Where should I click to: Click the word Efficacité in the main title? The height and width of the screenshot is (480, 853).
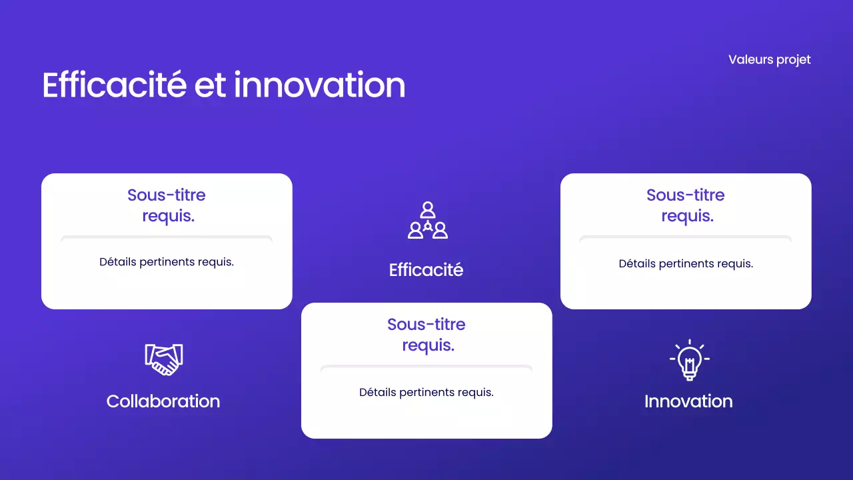(114, 85)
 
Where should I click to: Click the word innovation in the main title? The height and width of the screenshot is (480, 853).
(320, 85)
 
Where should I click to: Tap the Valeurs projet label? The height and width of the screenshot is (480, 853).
(770, 59)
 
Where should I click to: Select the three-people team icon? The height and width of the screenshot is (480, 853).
(427, 221)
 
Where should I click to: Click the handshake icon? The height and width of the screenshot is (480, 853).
(164, 359)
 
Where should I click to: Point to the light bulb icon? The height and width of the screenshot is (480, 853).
(689, 360)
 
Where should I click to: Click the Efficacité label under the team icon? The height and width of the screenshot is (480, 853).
(426, 270)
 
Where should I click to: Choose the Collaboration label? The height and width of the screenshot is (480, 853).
(163, 401)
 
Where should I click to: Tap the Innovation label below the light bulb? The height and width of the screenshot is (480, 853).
(688, 401)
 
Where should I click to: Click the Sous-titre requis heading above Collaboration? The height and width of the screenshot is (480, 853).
(167, 205)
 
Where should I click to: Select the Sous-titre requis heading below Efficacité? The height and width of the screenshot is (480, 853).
(426, 335)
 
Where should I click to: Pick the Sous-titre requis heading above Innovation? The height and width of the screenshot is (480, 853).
(686, 205)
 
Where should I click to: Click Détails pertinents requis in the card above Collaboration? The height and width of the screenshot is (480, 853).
(167, 262)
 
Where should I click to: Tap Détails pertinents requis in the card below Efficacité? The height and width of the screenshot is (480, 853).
(426, 393)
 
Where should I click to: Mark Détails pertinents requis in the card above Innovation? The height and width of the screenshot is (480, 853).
(686, 264)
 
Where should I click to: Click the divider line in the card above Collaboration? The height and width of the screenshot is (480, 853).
(167, 237)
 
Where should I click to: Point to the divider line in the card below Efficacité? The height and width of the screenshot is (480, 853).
(426, 367)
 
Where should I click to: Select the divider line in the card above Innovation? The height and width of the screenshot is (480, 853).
(686, 237)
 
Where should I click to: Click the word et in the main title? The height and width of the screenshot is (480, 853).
(210, 85)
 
